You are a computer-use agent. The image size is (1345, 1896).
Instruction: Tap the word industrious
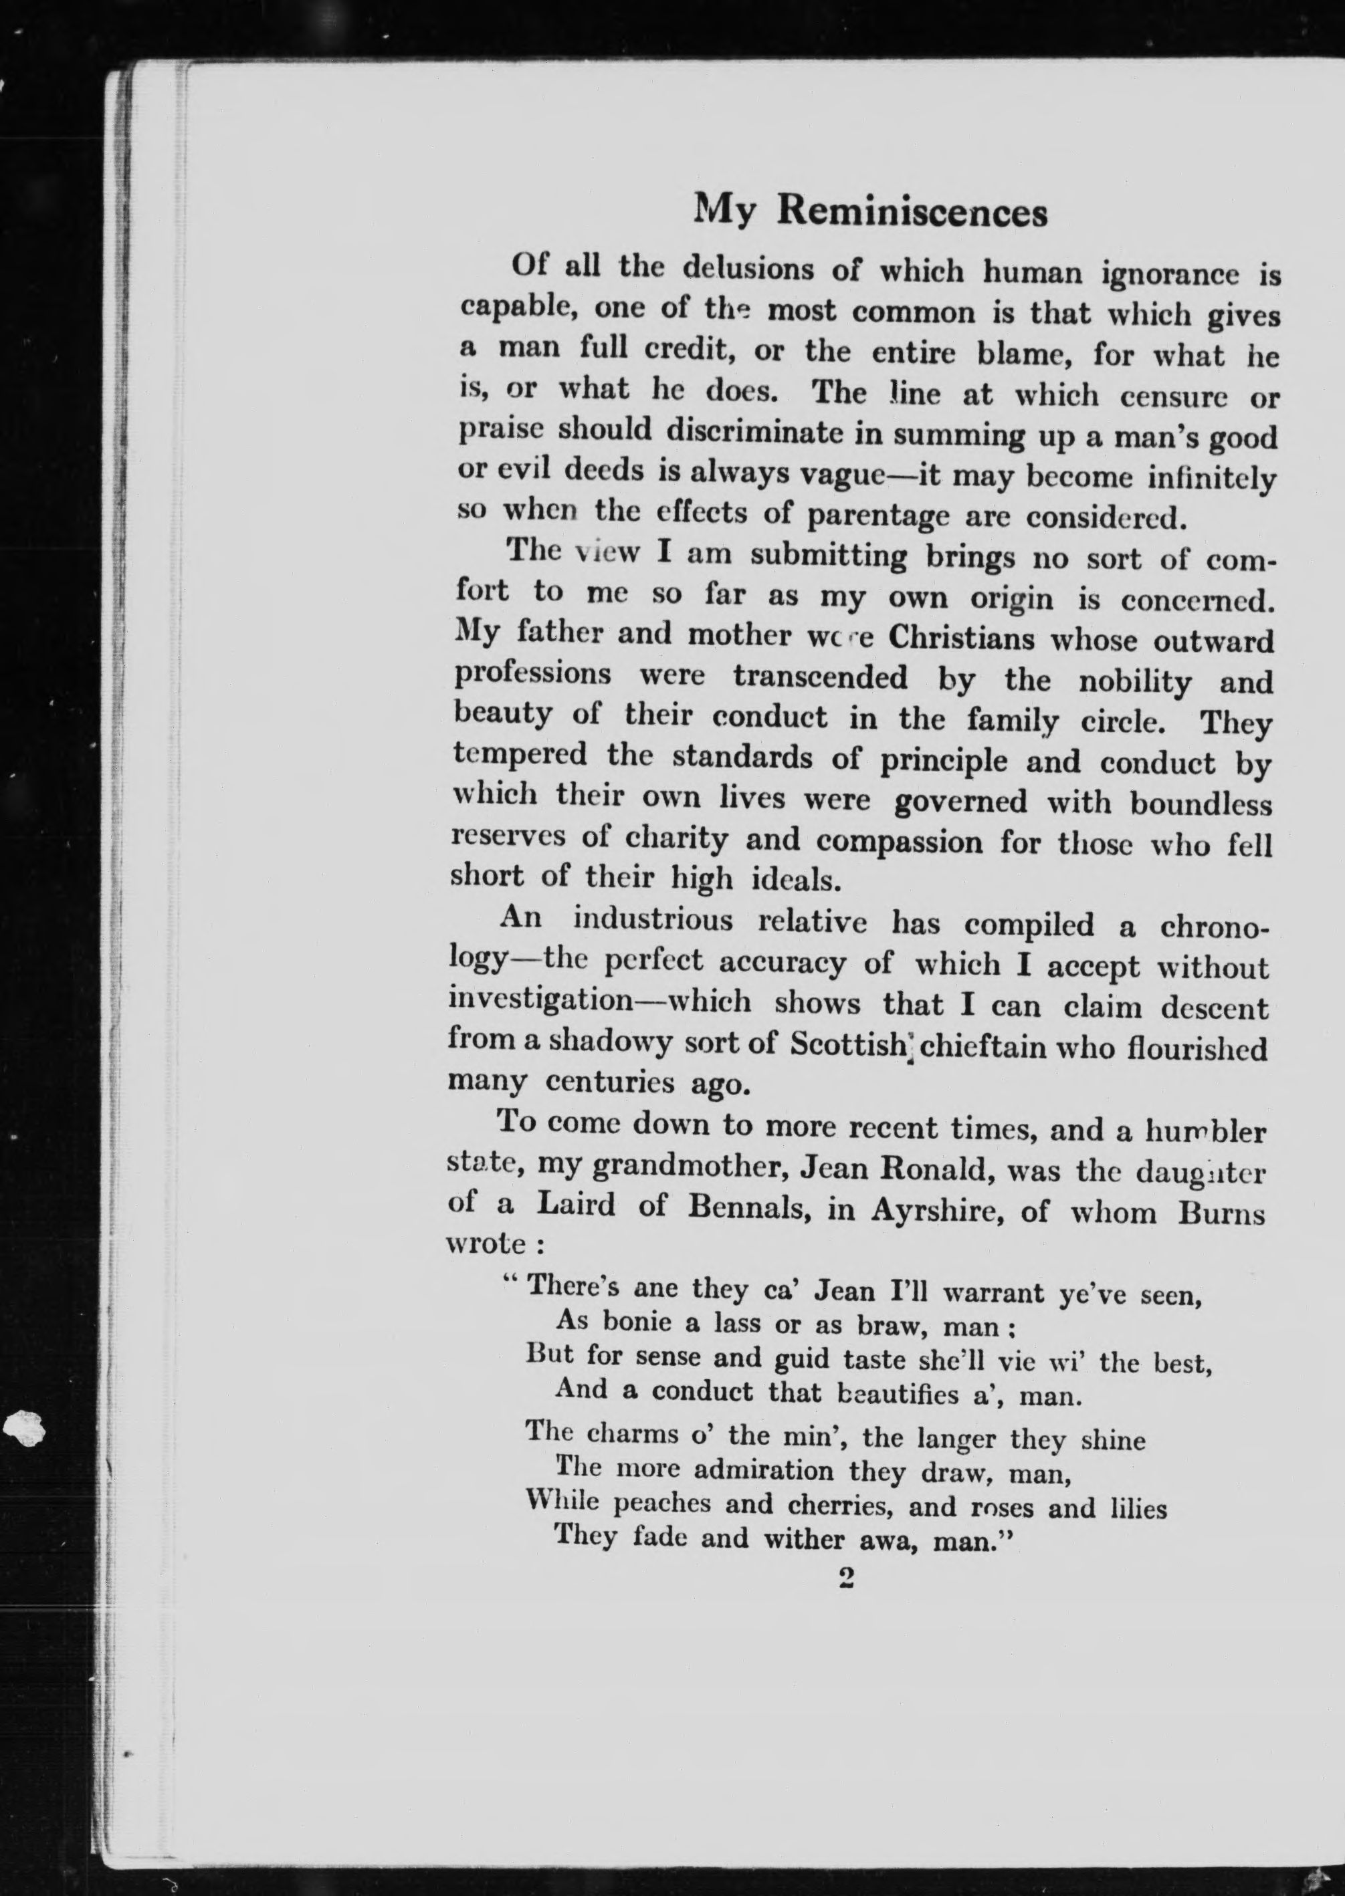[653, 921]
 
